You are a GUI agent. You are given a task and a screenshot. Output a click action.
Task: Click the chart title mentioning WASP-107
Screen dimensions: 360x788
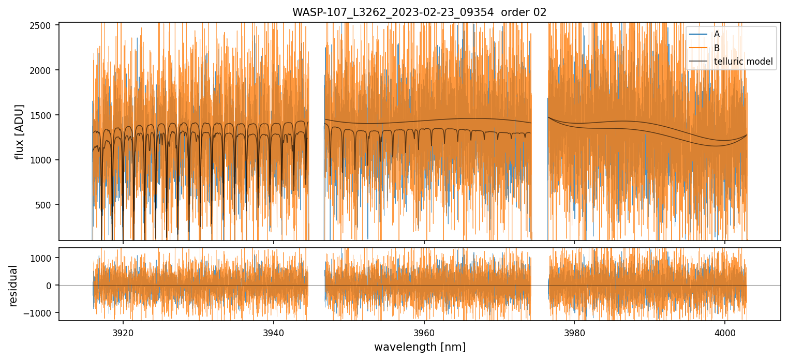[x=419, y=12]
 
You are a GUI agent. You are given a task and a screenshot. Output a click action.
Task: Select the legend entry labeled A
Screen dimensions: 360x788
[x=717, y=34]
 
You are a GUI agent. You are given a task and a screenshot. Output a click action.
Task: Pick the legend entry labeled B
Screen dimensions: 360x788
[x=717, y=48]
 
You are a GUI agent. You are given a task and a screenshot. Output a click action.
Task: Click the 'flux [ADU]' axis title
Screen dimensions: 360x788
[x=20, y=132]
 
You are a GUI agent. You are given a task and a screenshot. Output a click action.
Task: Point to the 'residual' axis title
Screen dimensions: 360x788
[x=13, y=286]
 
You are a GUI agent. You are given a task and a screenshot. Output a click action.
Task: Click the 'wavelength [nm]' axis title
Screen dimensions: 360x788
[x=420, y=347]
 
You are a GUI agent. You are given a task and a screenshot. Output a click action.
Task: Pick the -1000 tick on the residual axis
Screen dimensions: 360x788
[x=41, y=313]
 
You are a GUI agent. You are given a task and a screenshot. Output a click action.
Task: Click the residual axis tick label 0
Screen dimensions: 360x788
[x=50, y=286]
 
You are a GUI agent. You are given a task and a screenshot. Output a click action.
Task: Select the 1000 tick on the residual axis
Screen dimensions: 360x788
[x=43, y=258]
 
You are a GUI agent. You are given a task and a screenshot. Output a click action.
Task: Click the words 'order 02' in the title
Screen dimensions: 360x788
[x=526, y=12]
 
